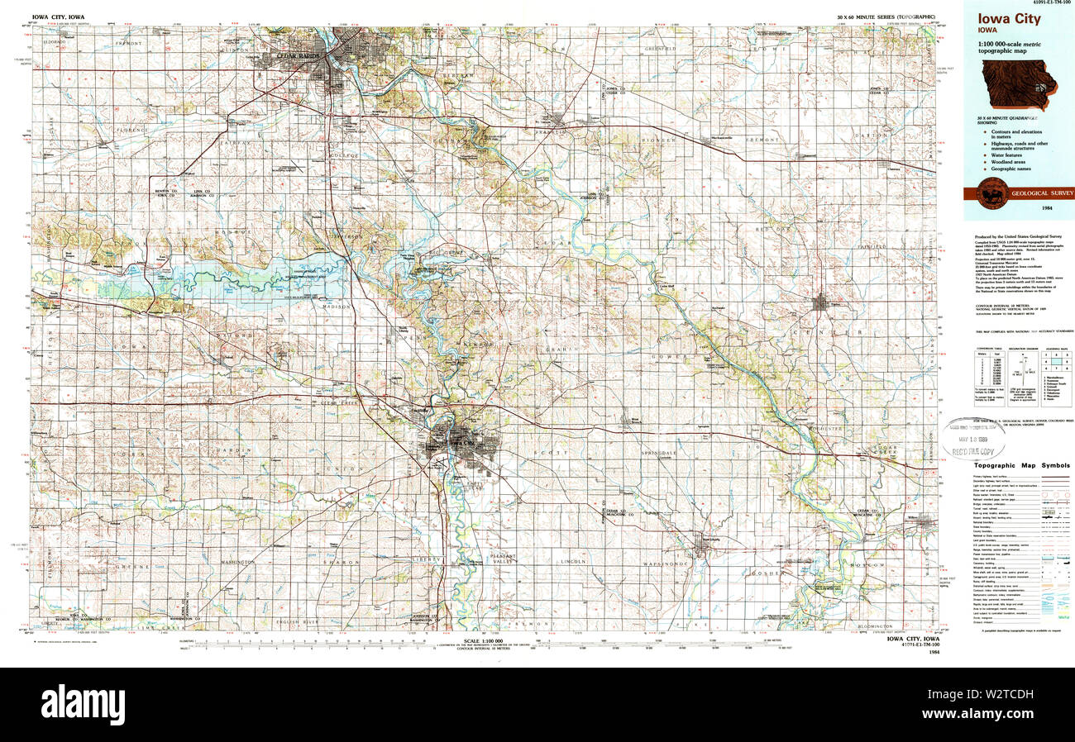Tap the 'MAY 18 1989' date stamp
coord(975,439)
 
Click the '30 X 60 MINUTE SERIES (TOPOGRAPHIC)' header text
coord(886,17)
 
